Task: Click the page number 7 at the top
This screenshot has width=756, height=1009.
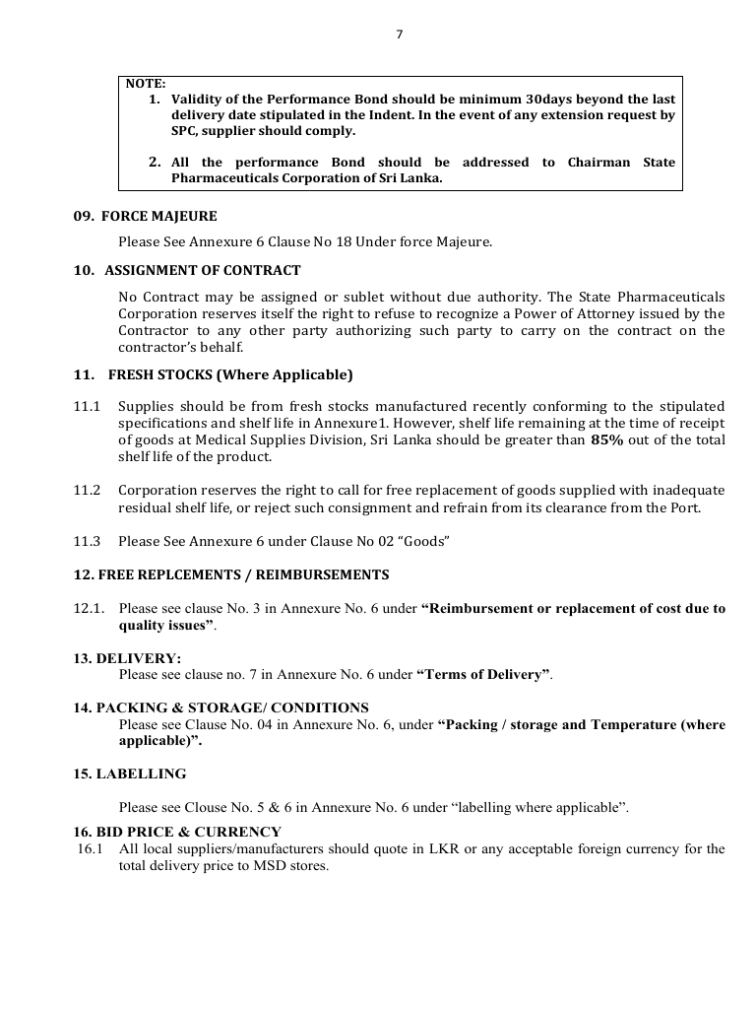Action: [399, 34]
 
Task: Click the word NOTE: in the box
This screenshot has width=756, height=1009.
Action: [146, 84]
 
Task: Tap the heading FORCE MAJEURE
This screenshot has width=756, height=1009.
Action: [159, 216]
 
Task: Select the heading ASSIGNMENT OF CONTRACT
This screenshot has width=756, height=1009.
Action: [203, 270]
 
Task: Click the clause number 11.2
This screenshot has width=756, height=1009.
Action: [88, 490]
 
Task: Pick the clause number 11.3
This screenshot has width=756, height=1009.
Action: [88, 541]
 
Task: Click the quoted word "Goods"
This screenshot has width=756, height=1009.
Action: [425, 541]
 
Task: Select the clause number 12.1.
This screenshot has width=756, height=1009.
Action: [90, 609]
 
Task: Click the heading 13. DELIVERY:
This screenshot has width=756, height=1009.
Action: [127, 658]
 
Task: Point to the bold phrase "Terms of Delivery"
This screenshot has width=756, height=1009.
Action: [482, 674]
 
